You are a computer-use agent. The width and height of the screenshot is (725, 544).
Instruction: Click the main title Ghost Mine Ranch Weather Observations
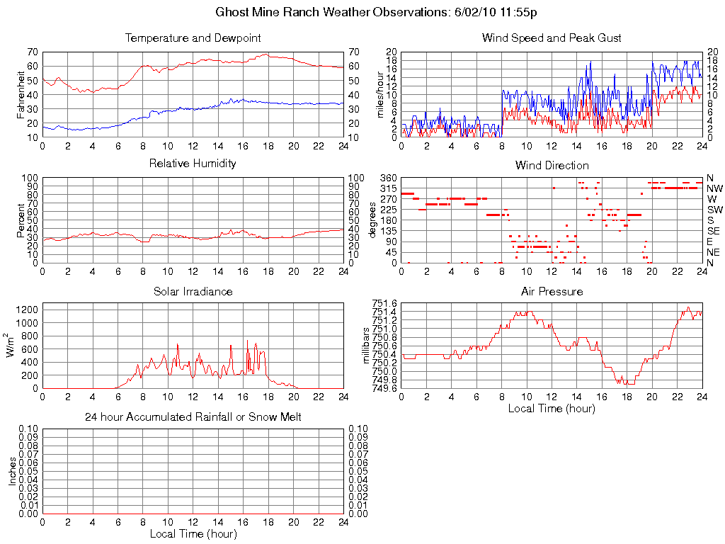coord(379,13)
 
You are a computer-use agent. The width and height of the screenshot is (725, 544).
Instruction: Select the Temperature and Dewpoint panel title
coord(193,38)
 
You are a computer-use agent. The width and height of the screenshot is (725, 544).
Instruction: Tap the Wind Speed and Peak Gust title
coord(552,38)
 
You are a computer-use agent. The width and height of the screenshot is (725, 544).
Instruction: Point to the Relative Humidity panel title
coord(193,164)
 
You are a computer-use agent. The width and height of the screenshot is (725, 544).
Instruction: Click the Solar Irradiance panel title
coord(193,291)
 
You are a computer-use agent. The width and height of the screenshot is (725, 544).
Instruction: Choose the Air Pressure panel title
coord(552,291)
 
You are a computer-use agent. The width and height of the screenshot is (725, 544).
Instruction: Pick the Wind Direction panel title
coord(552,165)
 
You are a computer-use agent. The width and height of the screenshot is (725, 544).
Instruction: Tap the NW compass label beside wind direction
coord(714,188)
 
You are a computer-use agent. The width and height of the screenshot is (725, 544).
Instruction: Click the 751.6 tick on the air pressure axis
coord(385,303)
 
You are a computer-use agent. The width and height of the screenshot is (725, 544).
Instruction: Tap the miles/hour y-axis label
coord(380,94)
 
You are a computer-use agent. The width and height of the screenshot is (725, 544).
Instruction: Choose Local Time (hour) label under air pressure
coord(552,408)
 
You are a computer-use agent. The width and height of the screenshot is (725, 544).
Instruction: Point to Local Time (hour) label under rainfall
coord(193,533)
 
